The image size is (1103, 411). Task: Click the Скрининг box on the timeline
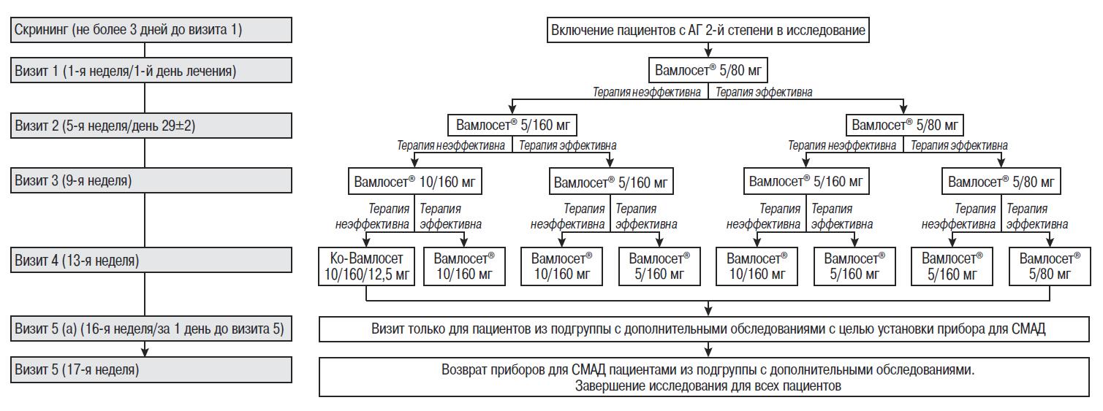[151, 30]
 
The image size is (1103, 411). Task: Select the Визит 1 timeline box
[151, 71]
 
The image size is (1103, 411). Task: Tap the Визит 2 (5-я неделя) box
[151, 125]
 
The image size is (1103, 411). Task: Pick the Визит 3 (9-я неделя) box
[151, 180]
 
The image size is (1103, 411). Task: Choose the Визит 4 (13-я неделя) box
[151, 260]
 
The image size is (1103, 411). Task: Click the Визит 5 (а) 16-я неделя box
[151, 329]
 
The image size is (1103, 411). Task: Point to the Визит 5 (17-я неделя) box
[151, 370]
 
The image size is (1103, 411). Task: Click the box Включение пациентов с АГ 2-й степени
[708, 30]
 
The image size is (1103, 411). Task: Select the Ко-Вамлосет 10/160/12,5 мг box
[366, 266]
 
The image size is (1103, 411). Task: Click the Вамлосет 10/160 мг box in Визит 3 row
[415, 181]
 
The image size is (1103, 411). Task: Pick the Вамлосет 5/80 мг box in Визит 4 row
[1050, 266]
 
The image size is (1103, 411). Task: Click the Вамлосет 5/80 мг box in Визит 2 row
[905, 125]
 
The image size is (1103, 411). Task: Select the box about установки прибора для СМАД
[708, 329]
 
